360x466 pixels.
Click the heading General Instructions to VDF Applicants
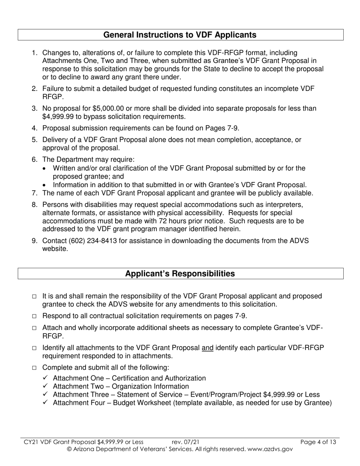180,35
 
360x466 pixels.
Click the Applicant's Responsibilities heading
180,274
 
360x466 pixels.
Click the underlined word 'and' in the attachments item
208,348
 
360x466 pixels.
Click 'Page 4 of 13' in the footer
318,442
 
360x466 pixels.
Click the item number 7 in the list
34,193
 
